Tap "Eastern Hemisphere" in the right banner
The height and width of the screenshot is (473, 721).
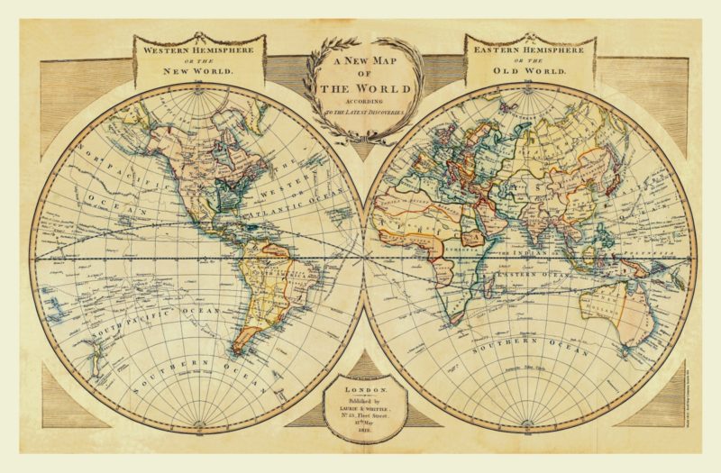coord(529,50)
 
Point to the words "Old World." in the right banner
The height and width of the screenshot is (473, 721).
coord(529,68)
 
